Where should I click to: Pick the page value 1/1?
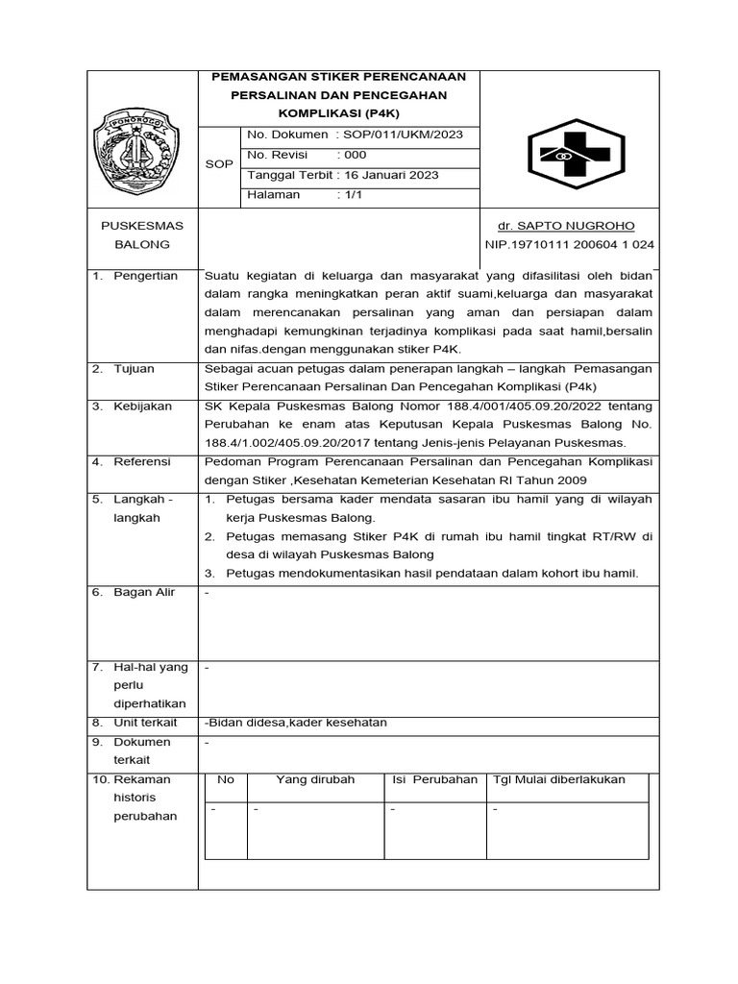point(350,194)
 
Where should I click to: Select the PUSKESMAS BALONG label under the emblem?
point(142,235)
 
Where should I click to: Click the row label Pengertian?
point(145,277)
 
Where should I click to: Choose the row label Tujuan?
point(135,369)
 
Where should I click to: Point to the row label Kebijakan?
point(142,406)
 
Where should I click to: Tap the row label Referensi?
point(142,462)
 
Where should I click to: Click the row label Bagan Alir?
point(144,593)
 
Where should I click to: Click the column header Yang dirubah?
point(315,779)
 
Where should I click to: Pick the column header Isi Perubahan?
point(434,779)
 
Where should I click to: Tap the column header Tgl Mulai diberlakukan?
point(558,779)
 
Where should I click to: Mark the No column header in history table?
point(226,779)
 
